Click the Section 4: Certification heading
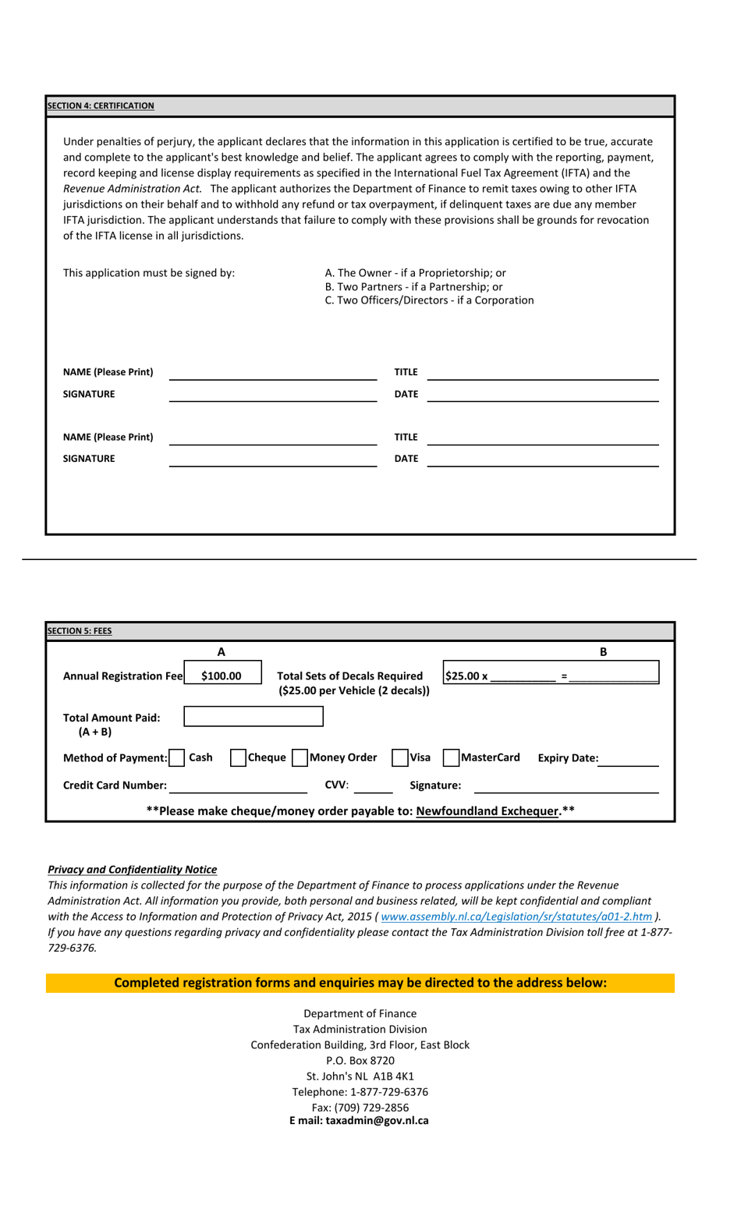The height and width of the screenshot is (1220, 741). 101,106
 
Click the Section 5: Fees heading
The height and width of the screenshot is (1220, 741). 80,631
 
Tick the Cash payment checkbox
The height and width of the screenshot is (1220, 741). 177,757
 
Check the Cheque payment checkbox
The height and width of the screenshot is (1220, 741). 238,757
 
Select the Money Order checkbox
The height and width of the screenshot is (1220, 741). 300,757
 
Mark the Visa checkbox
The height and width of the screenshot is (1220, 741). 399,757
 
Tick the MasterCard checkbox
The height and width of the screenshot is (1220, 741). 451,757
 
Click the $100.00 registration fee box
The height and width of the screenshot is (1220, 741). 222,676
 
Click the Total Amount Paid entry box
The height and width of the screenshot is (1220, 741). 253,716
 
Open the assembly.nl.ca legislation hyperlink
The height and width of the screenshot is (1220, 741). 516,917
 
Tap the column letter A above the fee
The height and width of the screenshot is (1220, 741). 222,652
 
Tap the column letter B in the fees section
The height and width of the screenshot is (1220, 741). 603,652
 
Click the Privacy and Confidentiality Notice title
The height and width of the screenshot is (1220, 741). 133,870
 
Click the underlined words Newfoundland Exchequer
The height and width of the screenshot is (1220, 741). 487,811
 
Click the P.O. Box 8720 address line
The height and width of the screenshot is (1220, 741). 360,1061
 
